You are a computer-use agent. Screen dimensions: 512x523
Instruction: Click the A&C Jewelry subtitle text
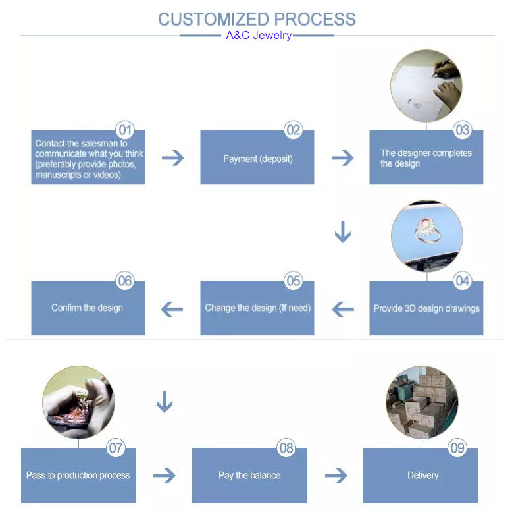pyautogui.click(x=259, y=35)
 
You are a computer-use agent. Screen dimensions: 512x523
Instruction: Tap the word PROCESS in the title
pyautogui.click(x=315, y=19)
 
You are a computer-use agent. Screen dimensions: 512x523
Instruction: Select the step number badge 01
pyautogui.click(x=125, y=130)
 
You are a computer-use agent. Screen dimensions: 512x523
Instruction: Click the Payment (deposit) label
pyautogui.click(x=258, y=159)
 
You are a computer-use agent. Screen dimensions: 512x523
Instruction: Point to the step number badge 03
pyautogui.click(x=463, y=130)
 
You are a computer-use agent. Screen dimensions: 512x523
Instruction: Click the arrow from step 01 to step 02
pyautogui.click(x=172, y=158)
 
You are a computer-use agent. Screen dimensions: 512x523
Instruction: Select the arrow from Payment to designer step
pyautogui.click(x=342, y=158)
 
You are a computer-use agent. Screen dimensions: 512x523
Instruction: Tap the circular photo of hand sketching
pyautogui.click(x=426, y=86)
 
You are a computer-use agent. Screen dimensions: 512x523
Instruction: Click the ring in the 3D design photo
pyautogui.click(x=428, y=230)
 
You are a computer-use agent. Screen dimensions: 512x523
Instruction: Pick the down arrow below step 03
pyautogui.click(x=343, y=232)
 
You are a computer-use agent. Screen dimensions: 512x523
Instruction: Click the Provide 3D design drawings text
pyautogui.click(x=426, y=308)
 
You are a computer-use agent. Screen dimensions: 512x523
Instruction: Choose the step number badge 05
pyautogui.click(x=294, y=281)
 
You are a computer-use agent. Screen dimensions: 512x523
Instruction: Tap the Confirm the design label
pyautogui.click(x=88, y=308)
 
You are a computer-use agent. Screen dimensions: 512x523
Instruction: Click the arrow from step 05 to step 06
pyautogui.click(x=172, y=309)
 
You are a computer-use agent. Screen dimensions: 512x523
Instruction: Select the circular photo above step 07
pyautogui.click(x=79, y=402)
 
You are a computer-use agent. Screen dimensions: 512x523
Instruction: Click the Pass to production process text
pyautogui.click(x=78, y=475)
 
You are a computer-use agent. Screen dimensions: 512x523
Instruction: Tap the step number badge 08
pyautogui.click(x=286, y=448)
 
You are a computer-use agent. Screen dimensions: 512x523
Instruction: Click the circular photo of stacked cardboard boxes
pyautogui.click(x=422, y=402)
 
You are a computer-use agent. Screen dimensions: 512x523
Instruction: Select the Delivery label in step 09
pyautogui.click(x=422, y=475)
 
